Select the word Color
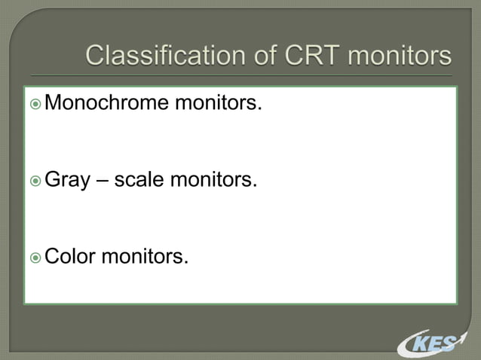70,258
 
